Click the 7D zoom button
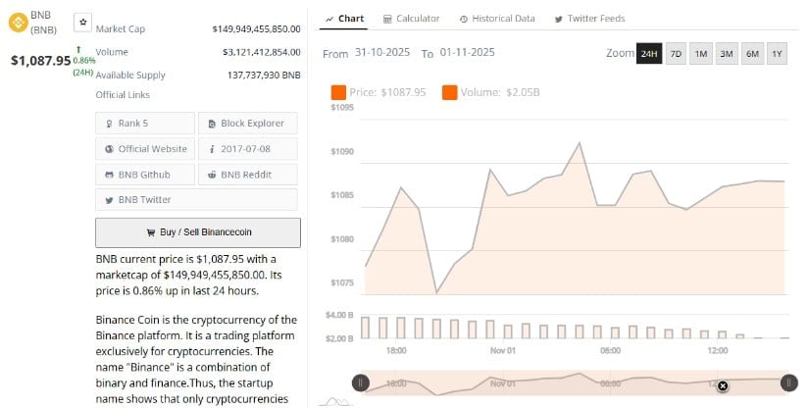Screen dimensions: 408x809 (x=676, y=53)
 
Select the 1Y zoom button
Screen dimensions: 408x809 (x=777, y=53)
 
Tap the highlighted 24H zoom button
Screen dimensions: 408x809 (x=648, y=53)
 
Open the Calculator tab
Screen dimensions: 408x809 (x=411, y=19)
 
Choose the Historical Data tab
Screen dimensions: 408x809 (x=497, y=19)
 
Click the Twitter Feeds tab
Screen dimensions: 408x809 (x=589, y=19)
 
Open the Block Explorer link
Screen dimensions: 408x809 (x=247, y=124)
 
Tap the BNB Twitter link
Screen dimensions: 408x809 (x=144, y=200)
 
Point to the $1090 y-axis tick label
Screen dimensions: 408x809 (x=342, y=152)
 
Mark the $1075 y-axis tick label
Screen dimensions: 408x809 (x=342, y=282)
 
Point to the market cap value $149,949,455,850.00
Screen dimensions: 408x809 (x=256, y=29)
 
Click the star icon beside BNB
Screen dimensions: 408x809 (x=82, y=21)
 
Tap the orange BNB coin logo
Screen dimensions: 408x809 (x=17, y=18)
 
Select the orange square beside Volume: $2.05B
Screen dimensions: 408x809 (x=450, y=92)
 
